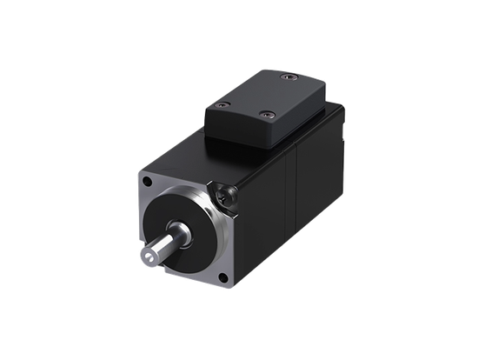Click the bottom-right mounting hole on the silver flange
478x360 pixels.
tap(224, 278)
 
